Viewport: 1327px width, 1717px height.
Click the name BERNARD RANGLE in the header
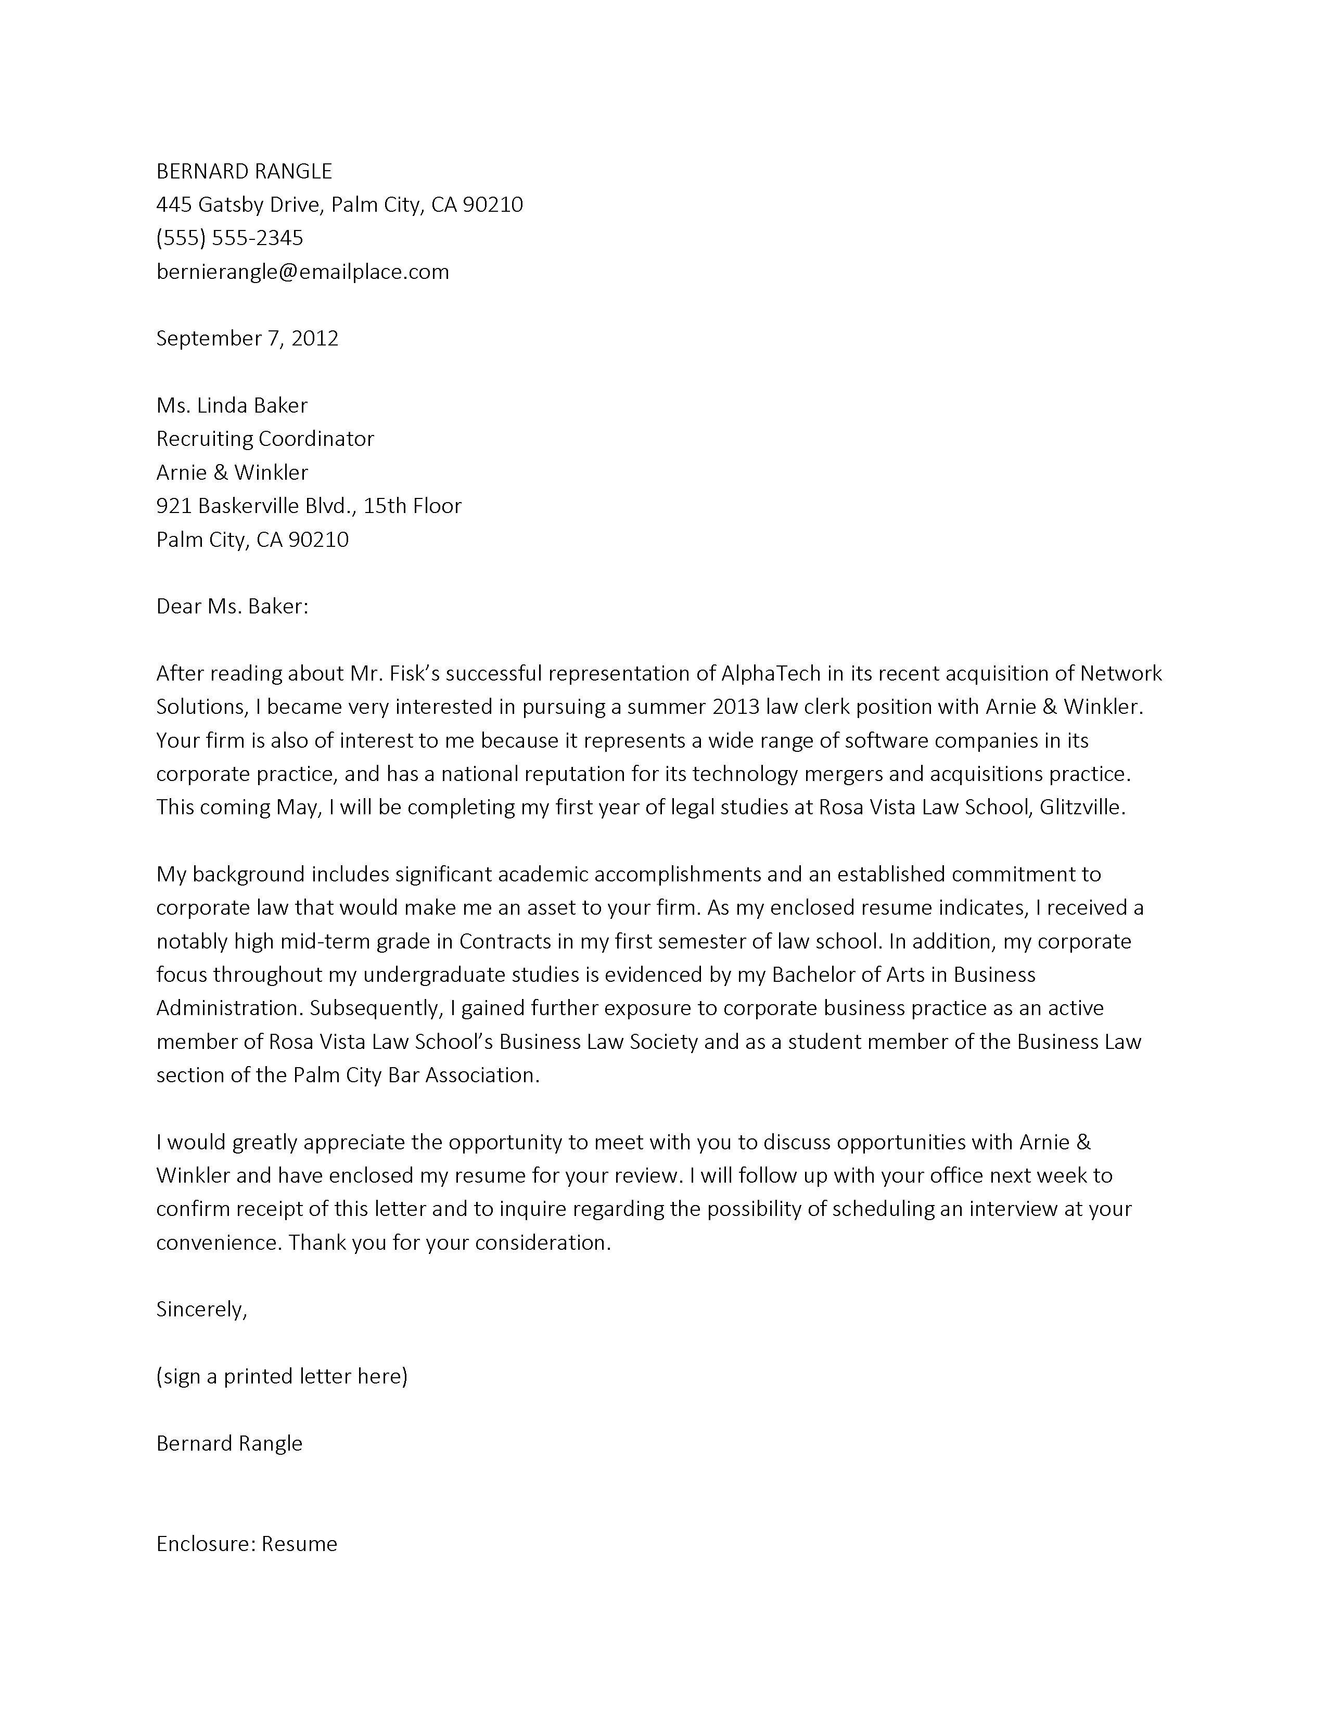point(244,171)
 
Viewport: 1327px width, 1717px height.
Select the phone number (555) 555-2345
point(229,238)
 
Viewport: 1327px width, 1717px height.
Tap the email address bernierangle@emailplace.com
point(303,272)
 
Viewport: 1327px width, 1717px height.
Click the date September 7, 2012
point(247,339)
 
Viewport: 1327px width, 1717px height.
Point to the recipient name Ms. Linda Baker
point(232,406)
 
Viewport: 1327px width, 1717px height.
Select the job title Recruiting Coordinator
point(265,439)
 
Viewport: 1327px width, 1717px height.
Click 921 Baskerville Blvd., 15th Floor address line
point(308,506)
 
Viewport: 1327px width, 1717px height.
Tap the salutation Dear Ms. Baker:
point(232,606)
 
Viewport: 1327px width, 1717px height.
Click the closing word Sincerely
point(200,1309)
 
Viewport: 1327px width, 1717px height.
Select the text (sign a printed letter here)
point(282,1376)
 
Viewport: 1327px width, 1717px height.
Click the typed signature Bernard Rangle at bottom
point(229,1443)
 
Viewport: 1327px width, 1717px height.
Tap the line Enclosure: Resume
point(246,1544)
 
